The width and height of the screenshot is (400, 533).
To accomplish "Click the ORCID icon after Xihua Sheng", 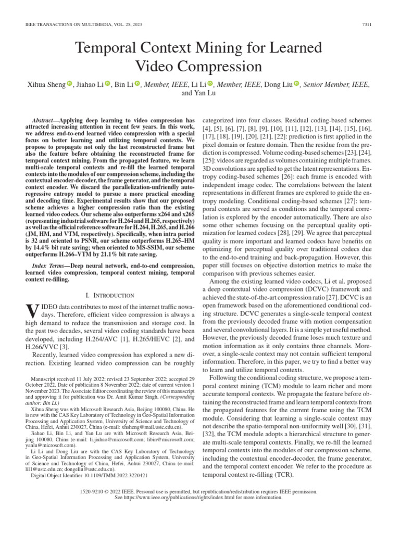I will pyautogui.click(x=69, y=84).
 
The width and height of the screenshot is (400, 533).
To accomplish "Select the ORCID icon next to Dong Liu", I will pyautogui.click(x=297, y=84).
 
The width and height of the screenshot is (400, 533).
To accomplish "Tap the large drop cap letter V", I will pyautogui.click(x=32, y=311).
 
